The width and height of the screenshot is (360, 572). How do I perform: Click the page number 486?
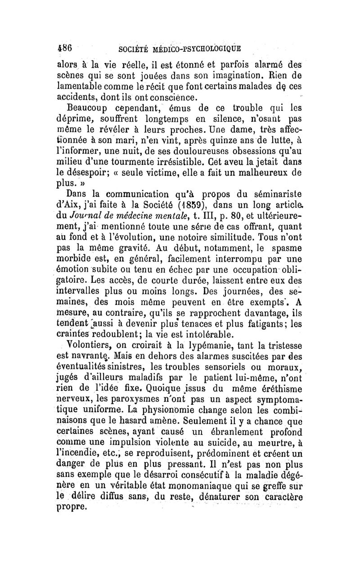(x=67, y=48)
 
